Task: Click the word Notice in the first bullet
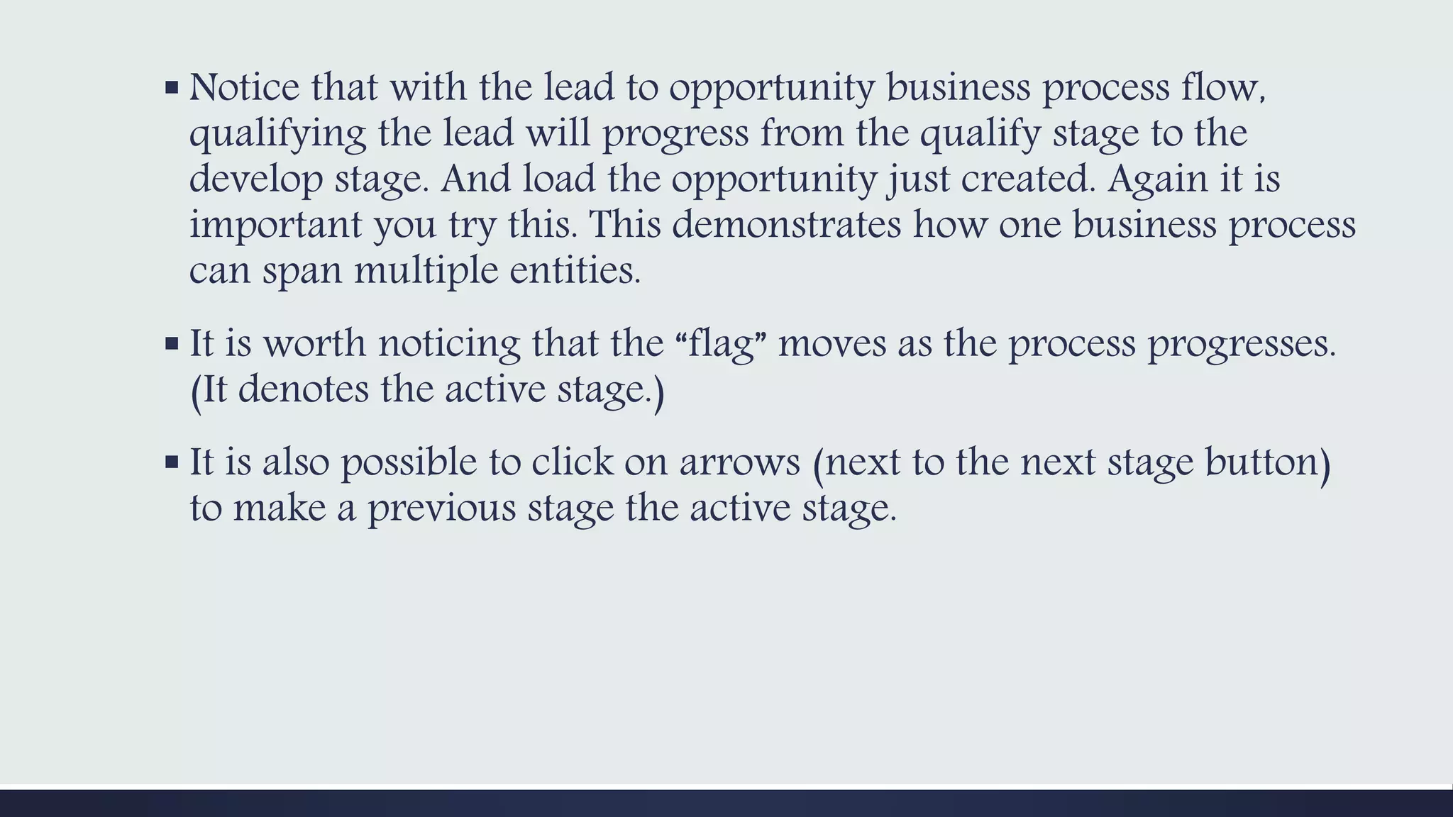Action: click(245, 88)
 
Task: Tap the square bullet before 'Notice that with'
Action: click(171, 89)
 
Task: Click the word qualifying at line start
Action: click(277, 135)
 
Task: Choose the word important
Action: click(276, 226)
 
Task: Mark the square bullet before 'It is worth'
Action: click(171, 344)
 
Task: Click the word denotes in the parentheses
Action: click(303, 390)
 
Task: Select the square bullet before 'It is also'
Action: click(171, 462)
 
